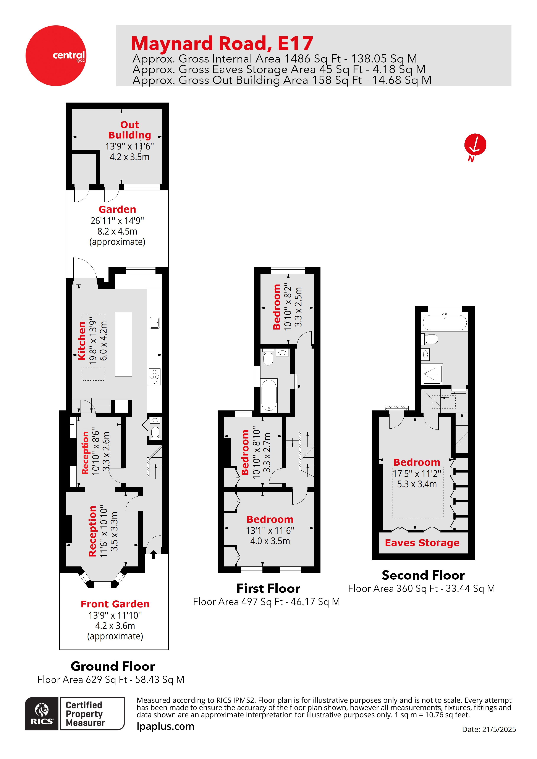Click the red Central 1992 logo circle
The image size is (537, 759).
56,56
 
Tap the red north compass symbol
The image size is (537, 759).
475,145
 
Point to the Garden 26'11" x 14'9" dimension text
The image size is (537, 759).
117,220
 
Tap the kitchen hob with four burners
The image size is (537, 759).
155,376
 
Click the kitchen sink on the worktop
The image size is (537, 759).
155,322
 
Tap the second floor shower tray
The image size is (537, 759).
432,374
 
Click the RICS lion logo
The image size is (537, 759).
42,713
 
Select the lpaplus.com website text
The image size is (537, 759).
165,726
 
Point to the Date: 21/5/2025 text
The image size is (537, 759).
489,729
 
